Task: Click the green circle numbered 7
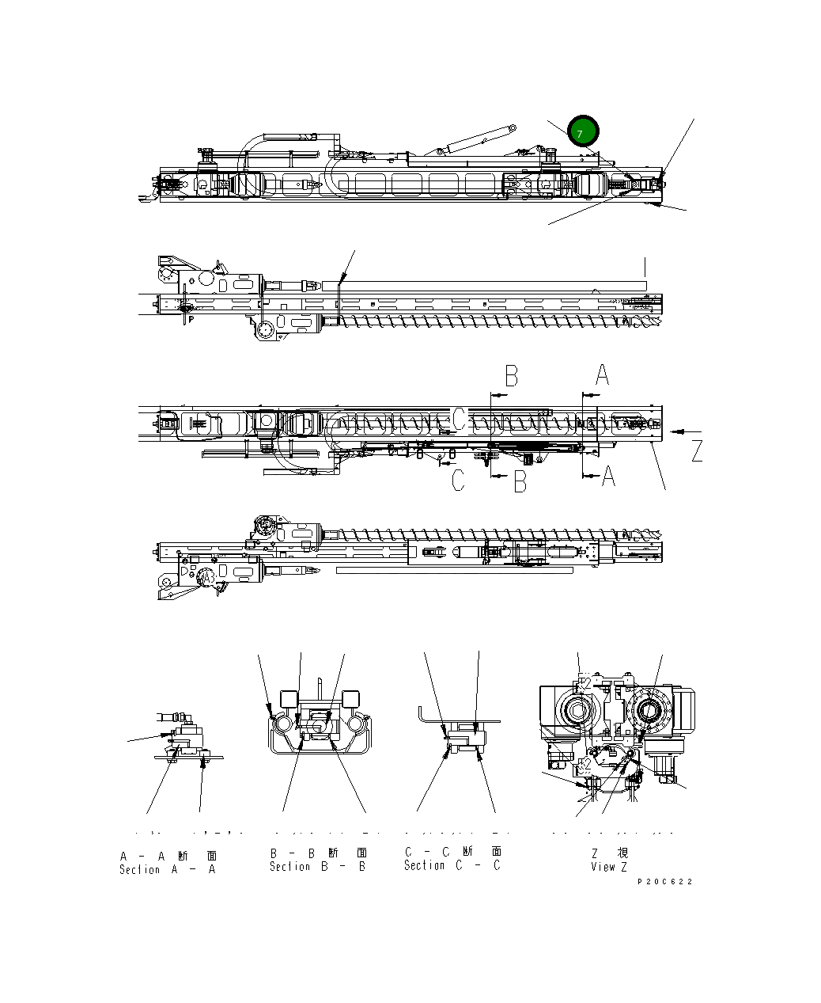[x=583, y=132]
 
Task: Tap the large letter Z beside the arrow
[x=696, y=450]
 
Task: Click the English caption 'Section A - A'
[x=167, y=869]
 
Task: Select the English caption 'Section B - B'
[x=317, y=866]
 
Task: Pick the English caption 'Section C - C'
[x=452, y=865]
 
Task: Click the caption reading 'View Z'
[x=608, y=866]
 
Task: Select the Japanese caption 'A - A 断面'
[x=167, y=855]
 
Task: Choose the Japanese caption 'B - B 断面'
[x=318, y=853]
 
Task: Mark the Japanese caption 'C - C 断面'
[x=452, y=852]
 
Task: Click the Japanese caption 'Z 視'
[x=610, y=853]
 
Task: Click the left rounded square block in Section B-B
[x=288, y=699]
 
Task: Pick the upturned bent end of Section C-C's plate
[x=423, y=713]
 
